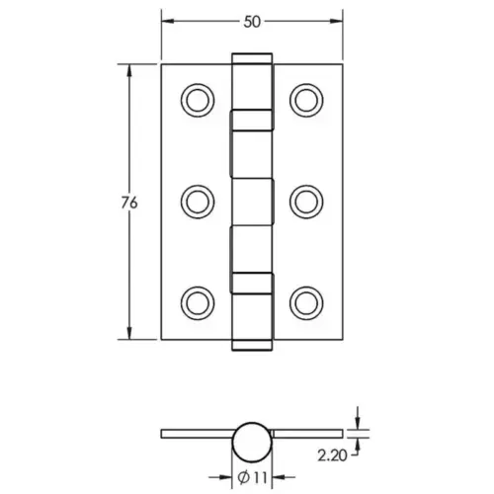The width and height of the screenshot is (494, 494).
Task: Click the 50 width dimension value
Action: point(251,19)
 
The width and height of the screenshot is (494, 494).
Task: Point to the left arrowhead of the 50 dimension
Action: point(165,19)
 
